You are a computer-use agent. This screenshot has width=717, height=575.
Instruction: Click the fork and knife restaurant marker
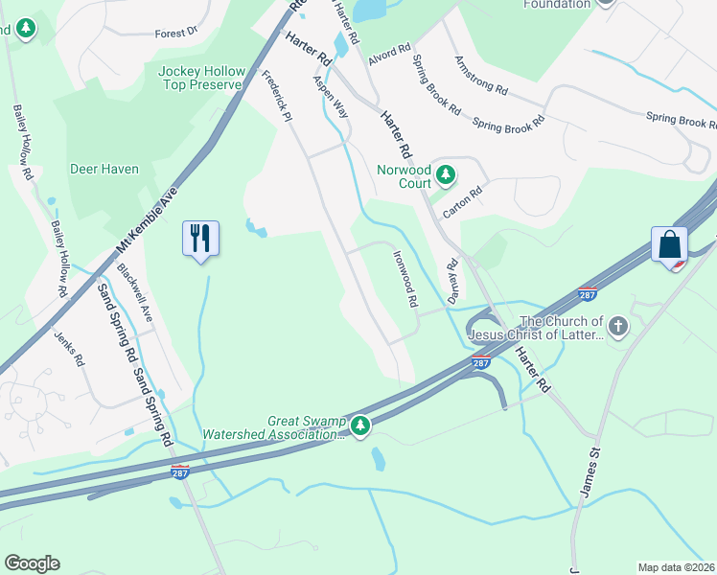click(x=200, y=238)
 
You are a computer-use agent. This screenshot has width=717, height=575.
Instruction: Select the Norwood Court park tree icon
click(x=445, y=174)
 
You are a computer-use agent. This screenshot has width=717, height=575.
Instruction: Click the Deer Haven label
click(x=104, y=170)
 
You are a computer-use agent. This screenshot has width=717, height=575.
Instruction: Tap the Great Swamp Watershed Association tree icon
click(x=360, y=425)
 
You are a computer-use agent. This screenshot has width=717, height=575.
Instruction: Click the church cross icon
click(x=618, y=327)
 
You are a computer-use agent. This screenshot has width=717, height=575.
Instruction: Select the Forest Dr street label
click(x=175, y=33)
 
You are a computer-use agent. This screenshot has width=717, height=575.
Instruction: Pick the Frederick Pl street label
click(x=276, y=97)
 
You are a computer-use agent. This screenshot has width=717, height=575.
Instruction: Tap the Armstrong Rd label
click(x=481, y=74)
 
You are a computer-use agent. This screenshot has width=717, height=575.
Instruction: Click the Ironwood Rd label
click(x=405, y=279)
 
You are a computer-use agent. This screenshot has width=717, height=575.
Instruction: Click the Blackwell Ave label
click(x=134, y=291)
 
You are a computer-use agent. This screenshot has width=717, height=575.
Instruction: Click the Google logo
click(x=32, y=563)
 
